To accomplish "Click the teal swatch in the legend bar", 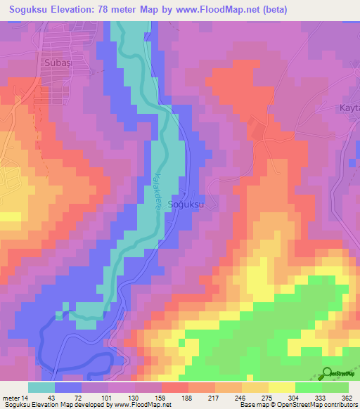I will click(41, 387).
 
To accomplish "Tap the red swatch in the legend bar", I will click(174, 387).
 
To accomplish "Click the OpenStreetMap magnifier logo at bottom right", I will click(328, 373).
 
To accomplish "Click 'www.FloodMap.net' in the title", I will click(206, 10).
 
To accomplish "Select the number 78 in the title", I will click(112, 10).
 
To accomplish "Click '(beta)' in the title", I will click(269, 10).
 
